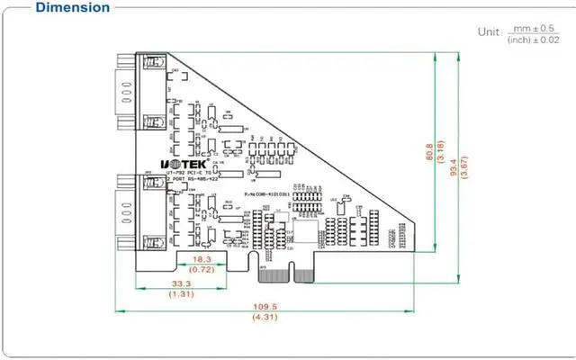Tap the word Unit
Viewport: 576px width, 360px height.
click(x=488, y=31)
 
